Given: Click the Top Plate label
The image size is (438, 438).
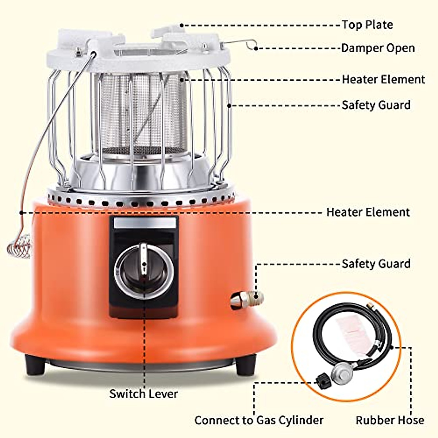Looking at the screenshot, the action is [367, 25].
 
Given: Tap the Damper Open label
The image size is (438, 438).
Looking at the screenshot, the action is [378, 48].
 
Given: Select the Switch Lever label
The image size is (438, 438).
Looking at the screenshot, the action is [143, 394].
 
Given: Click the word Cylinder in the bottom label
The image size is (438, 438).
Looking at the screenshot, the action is [300, 420].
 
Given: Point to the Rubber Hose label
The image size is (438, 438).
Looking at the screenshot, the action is [390, 420].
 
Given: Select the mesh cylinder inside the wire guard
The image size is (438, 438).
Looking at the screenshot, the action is [141, 113].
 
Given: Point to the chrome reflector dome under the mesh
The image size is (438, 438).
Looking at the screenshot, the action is [141, 172].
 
